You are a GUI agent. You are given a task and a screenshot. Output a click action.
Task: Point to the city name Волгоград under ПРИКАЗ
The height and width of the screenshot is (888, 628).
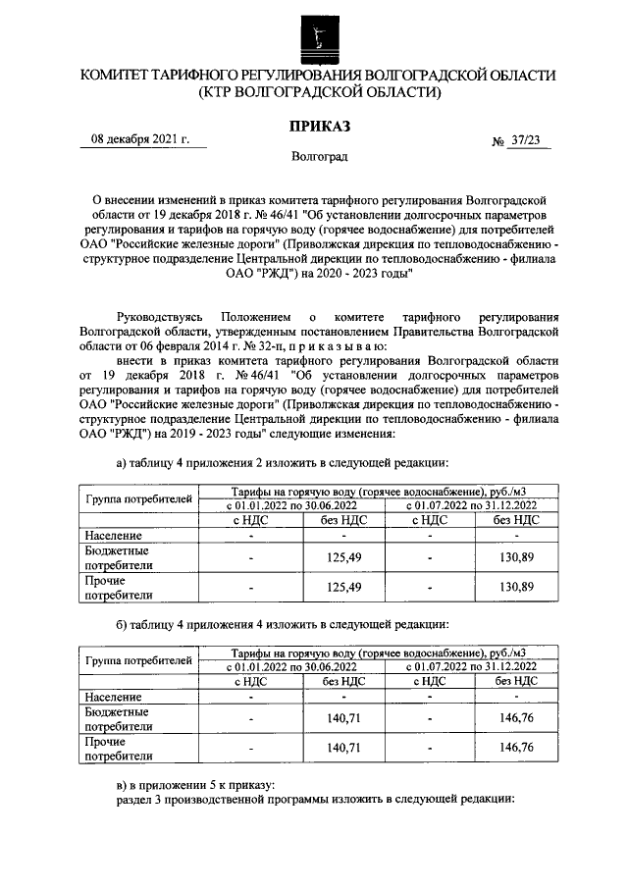click(x=318, y=157)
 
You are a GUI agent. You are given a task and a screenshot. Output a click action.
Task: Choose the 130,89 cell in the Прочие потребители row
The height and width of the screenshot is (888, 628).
click(x=515, y=587)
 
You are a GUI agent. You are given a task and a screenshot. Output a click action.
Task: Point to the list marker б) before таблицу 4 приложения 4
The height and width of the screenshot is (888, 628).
click(x=123, y=623)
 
